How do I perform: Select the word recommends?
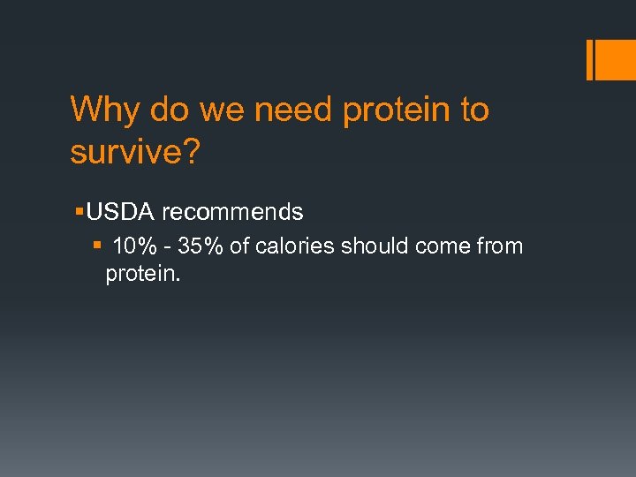tap(232, 213)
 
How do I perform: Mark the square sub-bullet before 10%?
tap(98, 246)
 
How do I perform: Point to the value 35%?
tap(199, 246)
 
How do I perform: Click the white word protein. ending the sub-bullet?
tap(143, 275)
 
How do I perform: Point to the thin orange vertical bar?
tap(588, 60)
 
